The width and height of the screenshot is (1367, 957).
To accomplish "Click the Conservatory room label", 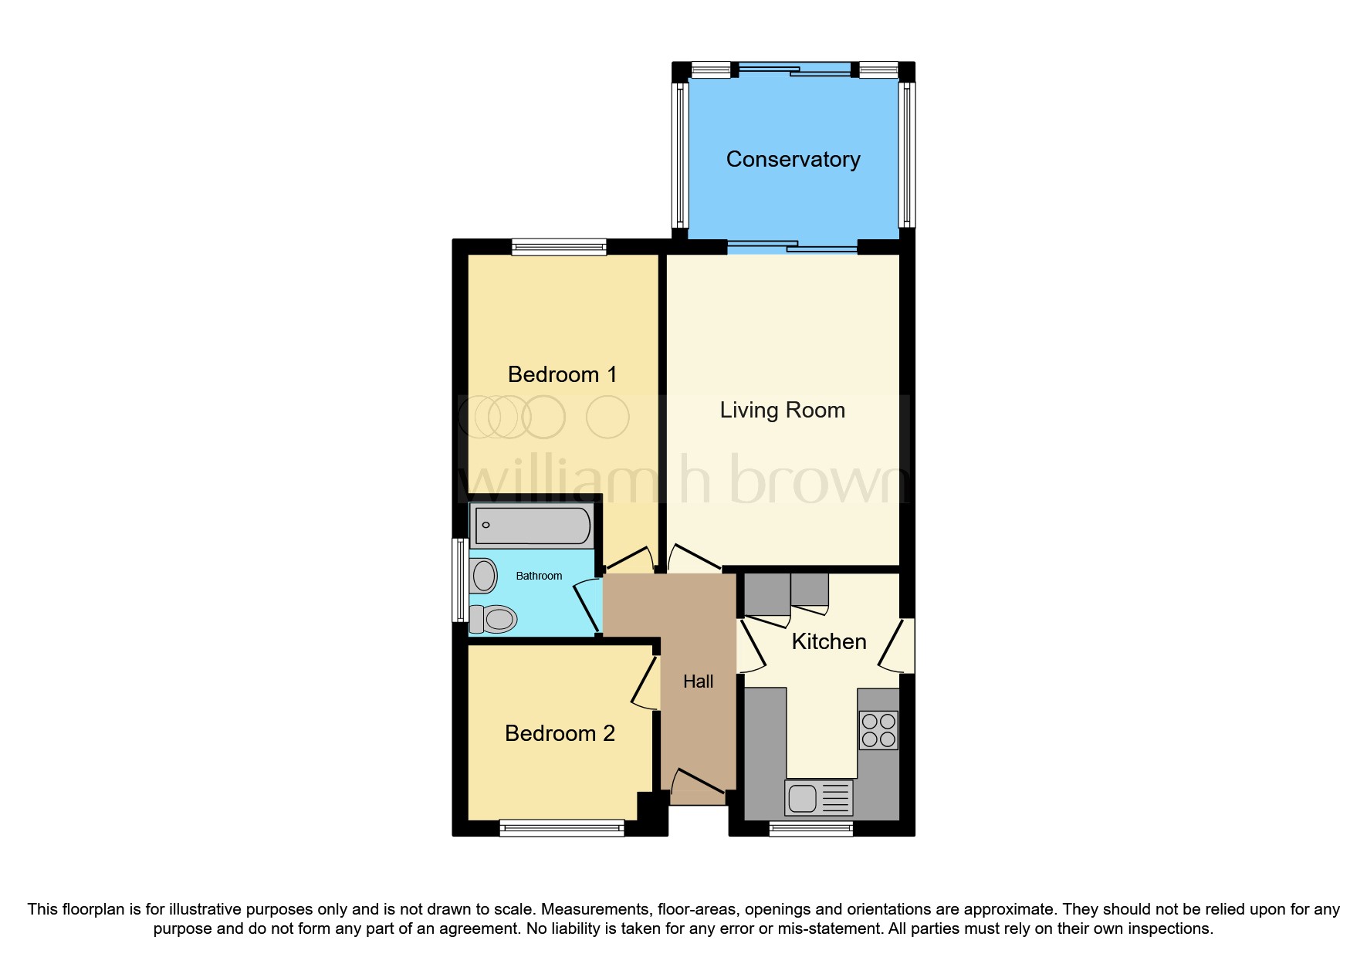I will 793,159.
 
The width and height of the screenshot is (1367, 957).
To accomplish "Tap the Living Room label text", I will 782,410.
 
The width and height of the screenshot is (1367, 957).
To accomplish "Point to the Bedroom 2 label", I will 560,733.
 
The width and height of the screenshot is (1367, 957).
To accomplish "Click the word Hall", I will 698,681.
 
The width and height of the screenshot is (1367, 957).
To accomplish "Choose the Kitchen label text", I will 829,641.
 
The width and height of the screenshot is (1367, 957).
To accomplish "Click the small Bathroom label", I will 539,576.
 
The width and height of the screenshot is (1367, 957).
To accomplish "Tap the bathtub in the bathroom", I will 532,526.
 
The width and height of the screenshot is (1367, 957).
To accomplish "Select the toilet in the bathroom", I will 494,619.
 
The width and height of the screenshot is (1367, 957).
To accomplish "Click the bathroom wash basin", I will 484,576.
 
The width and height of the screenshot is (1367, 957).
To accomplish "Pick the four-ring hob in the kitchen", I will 878,730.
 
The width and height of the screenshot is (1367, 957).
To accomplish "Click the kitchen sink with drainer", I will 818,798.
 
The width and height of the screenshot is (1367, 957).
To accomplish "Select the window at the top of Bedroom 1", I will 559,248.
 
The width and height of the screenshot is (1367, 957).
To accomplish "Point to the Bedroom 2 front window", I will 561,829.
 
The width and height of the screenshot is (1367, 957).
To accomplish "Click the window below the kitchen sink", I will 810,829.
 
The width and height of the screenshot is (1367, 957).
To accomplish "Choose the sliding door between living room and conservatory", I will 792,247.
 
